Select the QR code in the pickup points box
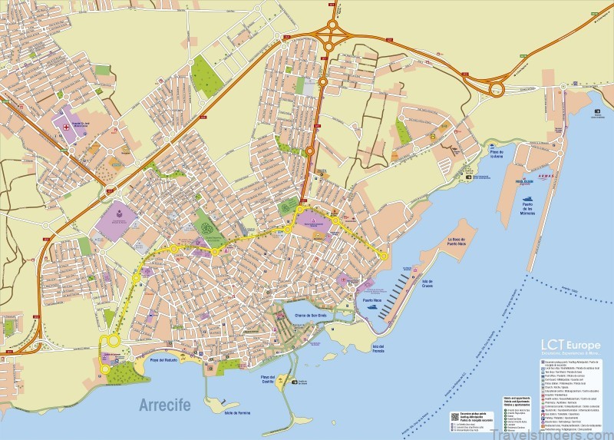pyautogui.click(x=454, y=418)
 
